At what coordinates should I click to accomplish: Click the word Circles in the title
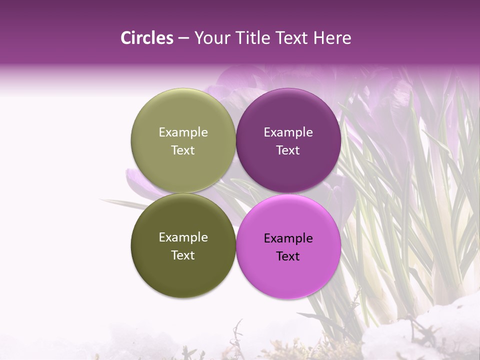[x=146, y=38]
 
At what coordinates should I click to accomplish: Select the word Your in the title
[x=211, y=38]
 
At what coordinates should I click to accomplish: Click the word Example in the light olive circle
[x=183, y=132]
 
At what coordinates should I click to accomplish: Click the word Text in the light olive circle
[x=183, y=150]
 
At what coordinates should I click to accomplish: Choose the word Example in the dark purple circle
[x=288, y=132]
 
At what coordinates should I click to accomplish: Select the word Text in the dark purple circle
[x=288, y=150]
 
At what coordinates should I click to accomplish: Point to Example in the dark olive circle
[x=183, y=237]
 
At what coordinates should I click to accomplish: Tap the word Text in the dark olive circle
[x=183, y=255]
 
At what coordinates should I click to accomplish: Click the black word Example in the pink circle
[x=288, y=238]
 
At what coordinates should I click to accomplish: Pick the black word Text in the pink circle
[x=288, y=256]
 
